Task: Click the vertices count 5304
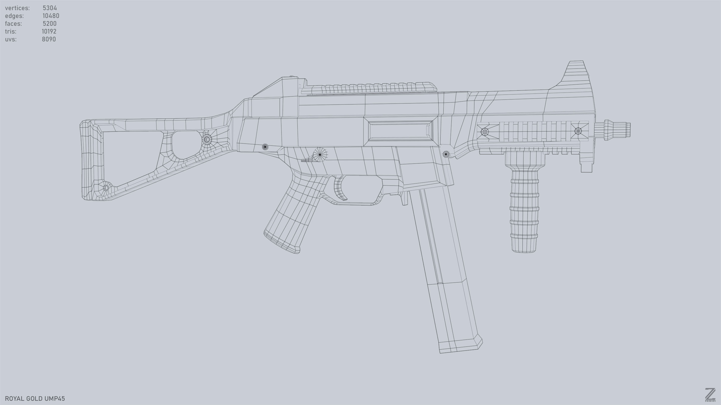pos(50,8)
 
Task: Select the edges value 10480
pos(51,16)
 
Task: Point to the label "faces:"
pos(14,23)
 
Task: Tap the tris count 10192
pos(49,31)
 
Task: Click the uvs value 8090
pos(49,39)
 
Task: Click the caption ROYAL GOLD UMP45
pos(35,398)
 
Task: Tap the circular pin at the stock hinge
pos(207,139)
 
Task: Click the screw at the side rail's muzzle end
pos(578,131)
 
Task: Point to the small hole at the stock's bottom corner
pos(106,187)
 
